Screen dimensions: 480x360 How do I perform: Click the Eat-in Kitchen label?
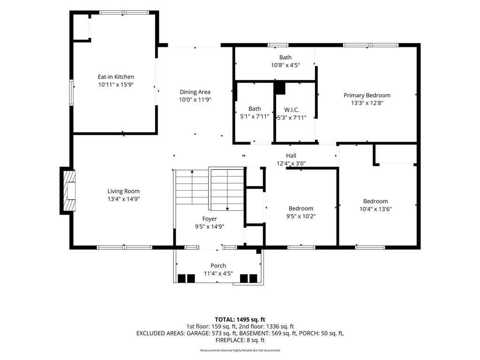(x=116, y=77)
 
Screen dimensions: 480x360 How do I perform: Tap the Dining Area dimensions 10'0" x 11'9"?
(x=195, y=99)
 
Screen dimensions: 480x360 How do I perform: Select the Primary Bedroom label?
(x=367, y=95)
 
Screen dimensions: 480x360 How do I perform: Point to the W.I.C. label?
(x=292, y=110)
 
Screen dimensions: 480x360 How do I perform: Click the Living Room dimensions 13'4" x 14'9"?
(x=123, y=199)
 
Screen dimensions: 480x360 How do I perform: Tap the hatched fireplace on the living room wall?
(x=68, y=190)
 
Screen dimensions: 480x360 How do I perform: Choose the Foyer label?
(x=210, y=219)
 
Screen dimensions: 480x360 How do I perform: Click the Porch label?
(x=218, y=266)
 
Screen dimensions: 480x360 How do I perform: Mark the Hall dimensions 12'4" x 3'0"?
(x=291, y=164)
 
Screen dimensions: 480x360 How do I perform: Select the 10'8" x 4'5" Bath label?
(x=285, y=57)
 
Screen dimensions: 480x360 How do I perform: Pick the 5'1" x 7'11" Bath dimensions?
(x=255, y=116)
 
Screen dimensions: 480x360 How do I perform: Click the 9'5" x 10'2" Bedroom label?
(x=300, y=209)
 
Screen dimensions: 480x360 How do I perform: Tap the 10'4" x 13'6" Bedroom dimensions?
(x=375, y=209)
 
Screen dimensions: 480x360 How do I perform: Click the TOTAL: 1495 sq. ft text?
(x=240, y=320)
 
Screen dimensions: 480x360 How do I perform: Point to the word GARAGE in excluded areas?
(x=198, y=333)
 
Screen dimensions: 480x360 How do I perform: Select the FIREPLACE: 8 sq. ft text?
(x=240, y=340)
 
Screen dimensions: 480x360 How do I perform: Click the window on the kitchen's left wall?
(x=71, y=92)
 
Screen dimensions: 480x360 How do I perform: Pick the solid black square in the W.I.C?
(x=279, y=88)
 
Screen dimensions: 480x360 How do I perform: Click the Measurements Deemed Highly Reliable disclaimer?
(x=240, y=350)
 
